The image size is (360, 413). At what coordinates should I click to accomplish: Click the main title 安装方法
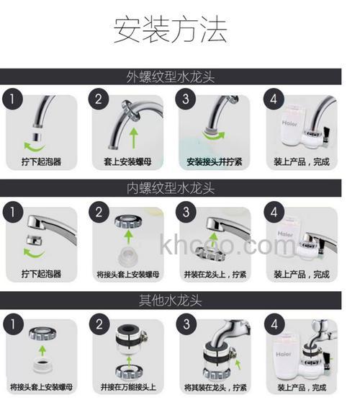pyautogui.click(x=171, y=30)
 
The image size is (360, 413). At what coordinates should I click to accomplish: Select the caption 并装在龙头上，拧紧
pyautogui.click(x=215, y=275)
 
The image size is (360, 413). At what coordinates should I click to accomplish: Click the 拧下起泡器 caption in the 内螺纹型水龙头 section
pyautogui.click(x=40, y=275)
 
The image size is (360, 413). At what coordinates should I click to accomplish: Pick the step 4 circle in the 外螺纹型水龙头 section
pyautogui.click(x=276, y=99)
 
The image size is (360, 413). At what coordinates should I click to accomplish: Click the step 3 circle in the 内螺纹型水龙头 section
pyautogui.click(x=187, y=212)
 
